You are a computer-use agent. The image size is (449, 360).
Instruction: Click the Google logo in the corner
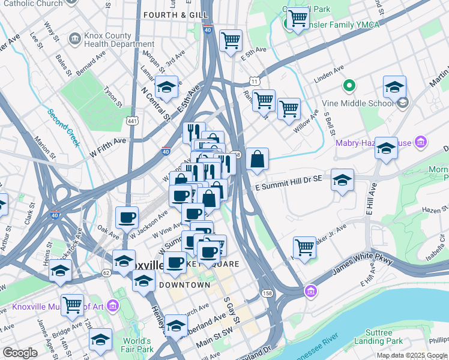click(x=20, y=353)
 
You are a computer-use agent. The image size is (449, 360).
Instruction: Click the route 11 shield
click(x=255, y=80)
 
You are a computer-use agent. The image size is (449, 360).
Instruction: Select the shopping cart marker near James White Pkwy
click(x=304, y=246)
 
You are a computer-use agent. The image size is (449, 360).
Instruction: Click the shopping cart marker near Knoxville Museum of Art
click(x=72, y=304)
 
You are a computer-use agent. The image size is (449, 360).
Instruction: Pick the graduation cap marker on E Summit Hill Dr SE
click(x=342, y=179)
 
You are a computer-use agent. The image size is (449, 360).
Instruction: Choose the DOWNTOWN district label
click(x=185, y=284)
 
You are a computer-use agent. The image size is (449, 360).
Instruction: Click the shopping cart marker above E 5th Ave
click(x=231, y=40)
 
